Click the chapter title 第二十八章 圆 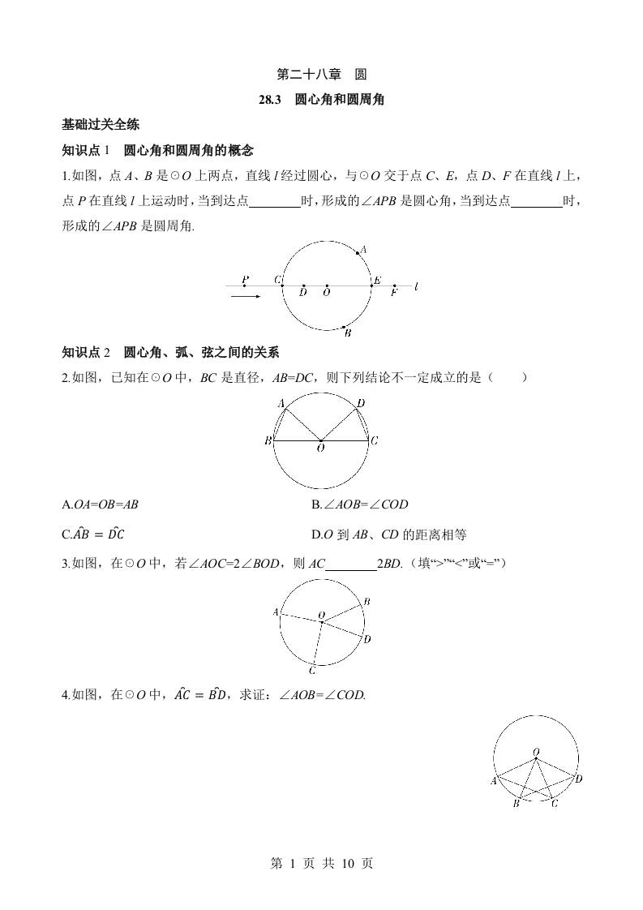point(321,75)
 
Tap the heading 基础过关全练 point(101,125)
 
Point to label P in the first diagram point(245,278)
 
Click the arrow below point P point(245,297)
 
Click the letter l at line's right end point(416,286)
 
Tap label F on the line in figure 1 point(394,293)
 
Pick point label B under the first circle point(347,332)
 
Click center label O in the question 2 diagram point(321,448)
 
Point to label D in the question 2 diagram point(361,403)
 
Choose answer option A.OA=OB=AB point(101,504)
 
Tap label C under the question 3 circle point(312,670)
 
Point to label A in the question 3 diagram point(276,612)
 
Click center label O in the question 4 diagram point(536,753)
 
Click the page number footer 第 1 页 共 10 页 point(321,864)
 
